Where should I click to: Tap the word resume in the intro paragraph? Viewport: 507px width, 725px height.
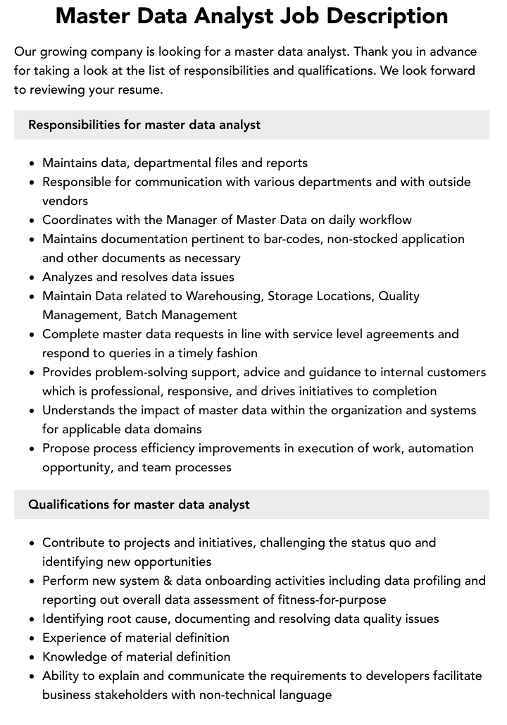(141, 89)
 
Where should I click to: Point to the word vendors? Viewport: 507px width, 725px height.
(65, 201)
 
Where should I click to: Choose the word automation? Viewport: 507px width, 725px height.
(441, 448)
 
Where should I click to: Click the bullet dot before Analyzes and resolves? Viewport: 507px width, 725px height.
(32, 278)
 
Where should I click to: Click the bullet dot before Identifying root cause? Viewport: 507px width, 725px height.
(32, 619)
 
